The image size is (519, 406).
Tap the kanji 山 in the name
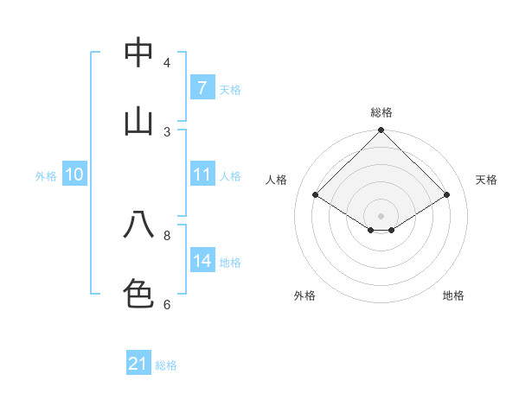(138, 120)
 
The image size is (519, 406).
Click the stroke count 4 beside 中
(167, 63)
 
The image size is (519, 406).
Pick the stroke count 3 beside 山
(167, 131)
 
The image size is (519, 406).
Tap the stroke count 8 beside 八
(167, 235)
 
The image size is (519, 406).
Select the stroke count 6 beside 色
(167, 304)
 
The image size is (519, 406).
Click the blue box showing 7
(202, 88)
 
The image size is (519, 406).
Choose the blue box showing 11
(202, 174)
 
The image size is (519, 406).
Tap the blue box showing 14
(202, 261)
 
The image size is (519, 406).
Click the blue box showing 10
(74, 174)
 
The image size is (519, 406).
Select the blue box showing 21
(138, 365)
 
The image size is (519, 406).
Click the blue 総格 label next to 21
(166, 365)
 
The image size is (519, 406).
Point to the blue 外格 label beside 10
(46, 175)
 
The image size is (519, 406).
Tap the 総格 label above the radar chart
(381, 112)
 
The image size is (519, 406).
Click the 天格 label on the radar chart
(486, 180)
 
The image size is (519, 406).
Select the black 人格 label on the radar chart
(277, 180)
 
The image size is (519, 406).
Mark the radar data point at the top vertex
(381, 131)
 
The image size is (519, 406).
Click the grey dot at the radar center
(381, 215)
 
